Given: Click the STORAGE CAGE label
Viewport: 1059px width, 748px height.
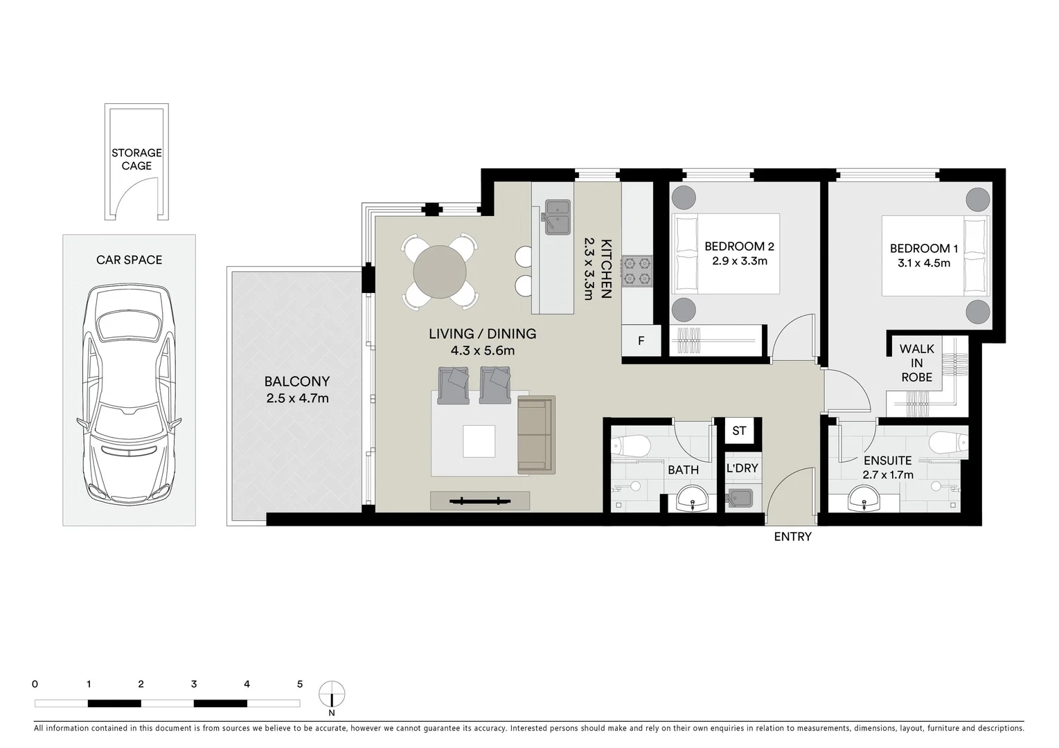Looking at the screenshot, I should point(136,159).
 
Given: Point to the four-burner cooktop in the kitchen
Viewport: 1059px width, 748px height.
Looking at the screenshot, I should point(637,271).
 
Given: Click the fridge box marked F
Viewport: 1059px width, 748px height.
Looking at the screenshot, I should point(641,341).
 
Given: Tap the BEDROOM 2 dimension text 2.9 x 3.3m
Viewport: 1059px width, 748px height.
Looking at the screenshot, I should point(739,261).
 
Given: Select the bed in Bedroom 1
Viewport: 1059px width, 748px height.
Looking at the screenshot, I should point(935,256).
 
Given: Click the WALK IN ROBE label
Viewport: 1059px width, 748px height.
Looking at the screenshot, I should point(916,363).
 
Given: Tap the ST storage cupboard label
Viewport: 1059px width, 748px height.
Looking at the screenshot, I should point(739,431).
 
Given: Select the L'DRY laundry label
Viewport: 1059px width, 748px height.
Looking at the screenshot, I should point(742,468).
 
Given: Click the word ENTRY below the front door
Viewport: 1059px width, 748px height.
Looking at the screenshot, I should point(792,537).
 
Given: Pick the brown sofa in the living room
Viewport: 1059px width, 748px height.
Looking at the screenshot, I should point(536,435).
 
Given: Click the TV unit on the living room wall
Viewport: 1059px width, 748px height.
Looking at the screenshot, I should point(479,501).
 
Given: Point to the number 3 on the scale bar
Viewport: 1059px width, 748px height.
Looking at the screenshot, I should point(194,684).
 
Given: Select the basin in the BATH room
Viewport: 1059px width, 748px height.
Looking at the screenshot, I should point(691,498).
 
